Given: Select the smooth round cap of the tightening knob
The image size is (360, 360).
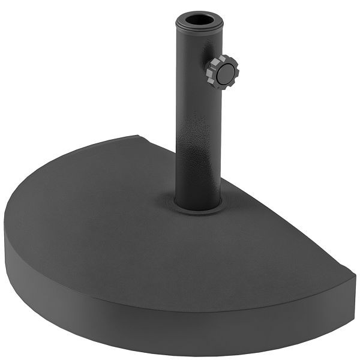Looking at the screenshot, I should [225, 73].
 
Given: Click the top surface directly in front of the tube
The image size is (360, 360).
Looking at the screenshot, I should [192, 252].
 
